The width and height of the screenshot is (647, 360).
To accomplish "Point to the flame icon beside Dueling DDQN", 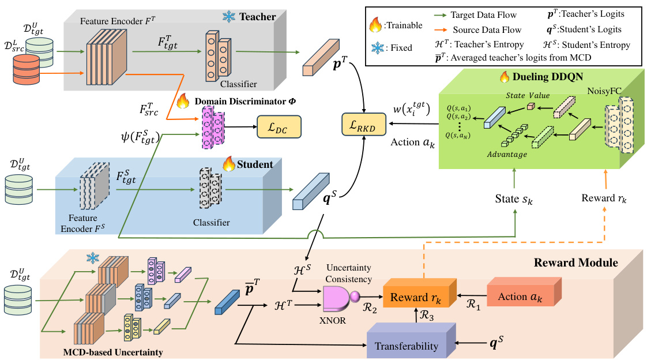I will coord(505,76).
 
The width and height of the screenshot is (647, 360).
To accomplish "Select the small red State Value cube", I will coord(531,106).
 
